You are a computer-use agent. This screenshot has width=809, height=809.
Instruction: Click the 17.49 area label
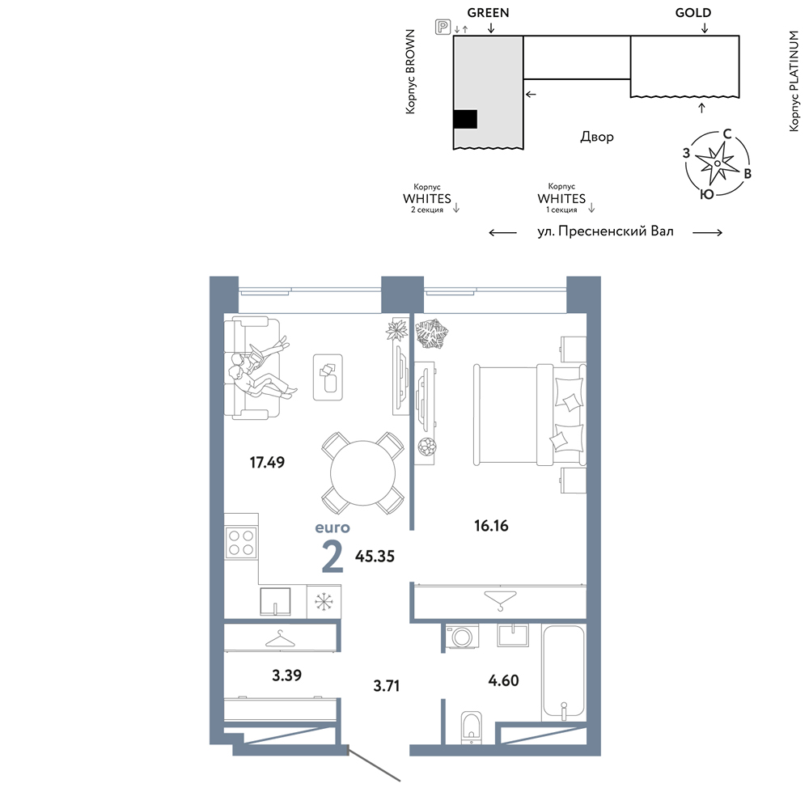pos(267,462)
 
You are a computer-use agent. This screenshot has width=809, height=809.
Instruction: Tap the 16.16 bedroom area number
pos(491,526)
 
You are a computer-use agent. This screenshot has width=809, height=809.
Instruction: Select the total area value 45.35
pos(375,557)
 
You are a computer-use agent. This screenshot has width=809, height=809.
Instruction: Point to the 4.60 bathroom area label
pos(503,680)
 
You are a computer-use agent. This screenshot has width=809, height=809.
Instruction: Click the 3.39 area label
pos(287,676)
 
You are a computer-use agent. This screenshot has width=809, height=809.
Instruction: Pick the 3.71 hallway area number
pos(387,686)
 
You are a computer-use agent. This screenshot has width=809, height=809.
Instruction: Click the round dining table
pos(362,473)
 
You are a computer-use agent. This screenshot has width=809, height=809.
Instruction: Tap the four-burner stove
pos(241,543)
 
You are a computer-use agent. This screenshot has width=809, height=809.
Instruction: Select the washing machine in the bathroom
pos(462,636)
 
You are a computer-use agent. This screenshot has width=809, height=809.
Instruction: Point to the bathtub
pos(563,673)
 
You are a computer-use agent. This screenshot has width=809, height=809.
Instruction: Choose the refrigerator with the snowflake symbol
pos(324,602)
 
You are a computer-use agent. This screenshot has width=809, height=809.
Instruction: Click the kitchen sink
pos(275,602)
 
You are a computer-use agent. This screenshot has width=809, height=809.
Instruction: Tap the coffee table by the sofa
pos(328,377)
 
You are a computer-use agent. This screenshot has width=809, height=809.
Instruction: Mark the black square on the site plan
pos(465,119)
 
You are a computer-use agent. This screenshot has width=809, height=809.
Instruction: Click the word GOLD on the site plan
pos(693,13)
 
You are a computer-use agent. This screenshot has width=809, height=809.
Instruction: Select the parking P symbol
pos(443,27)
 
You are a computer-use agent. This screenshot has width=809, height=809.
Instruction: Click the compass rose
pos(717,163)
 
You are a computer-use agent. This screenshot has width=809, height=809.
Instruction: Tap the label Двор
pos(597,137)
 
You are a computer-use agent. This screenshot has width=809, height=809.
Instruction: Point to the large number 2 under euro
pos(332,557)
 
